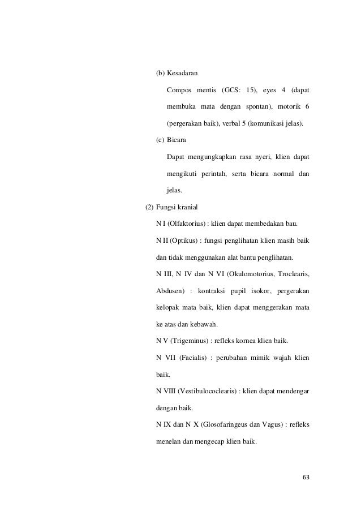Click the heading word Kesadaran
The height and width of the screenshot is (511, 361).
click(182, 74)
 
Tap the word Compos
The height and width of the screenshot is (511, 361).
click(179, 91)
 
